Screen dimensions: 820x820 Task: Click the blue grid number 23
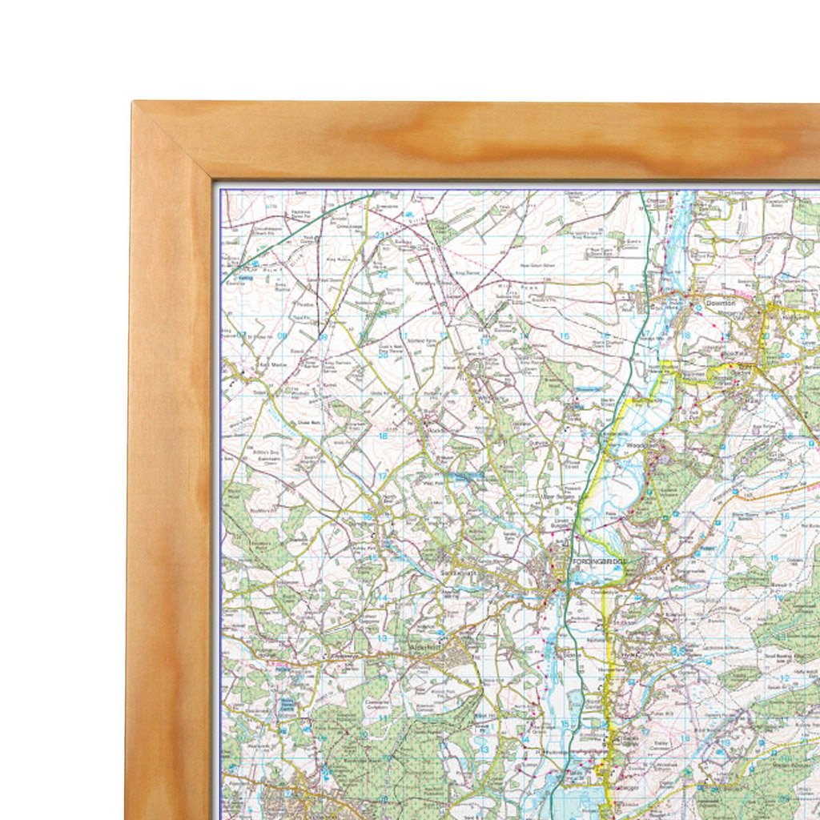click(x=383, y=235)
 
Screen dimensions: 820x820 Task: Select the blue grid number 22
click(x=383, y=275)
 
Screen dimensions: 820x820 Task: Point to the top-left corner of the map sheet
click(x=221, y=191)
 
